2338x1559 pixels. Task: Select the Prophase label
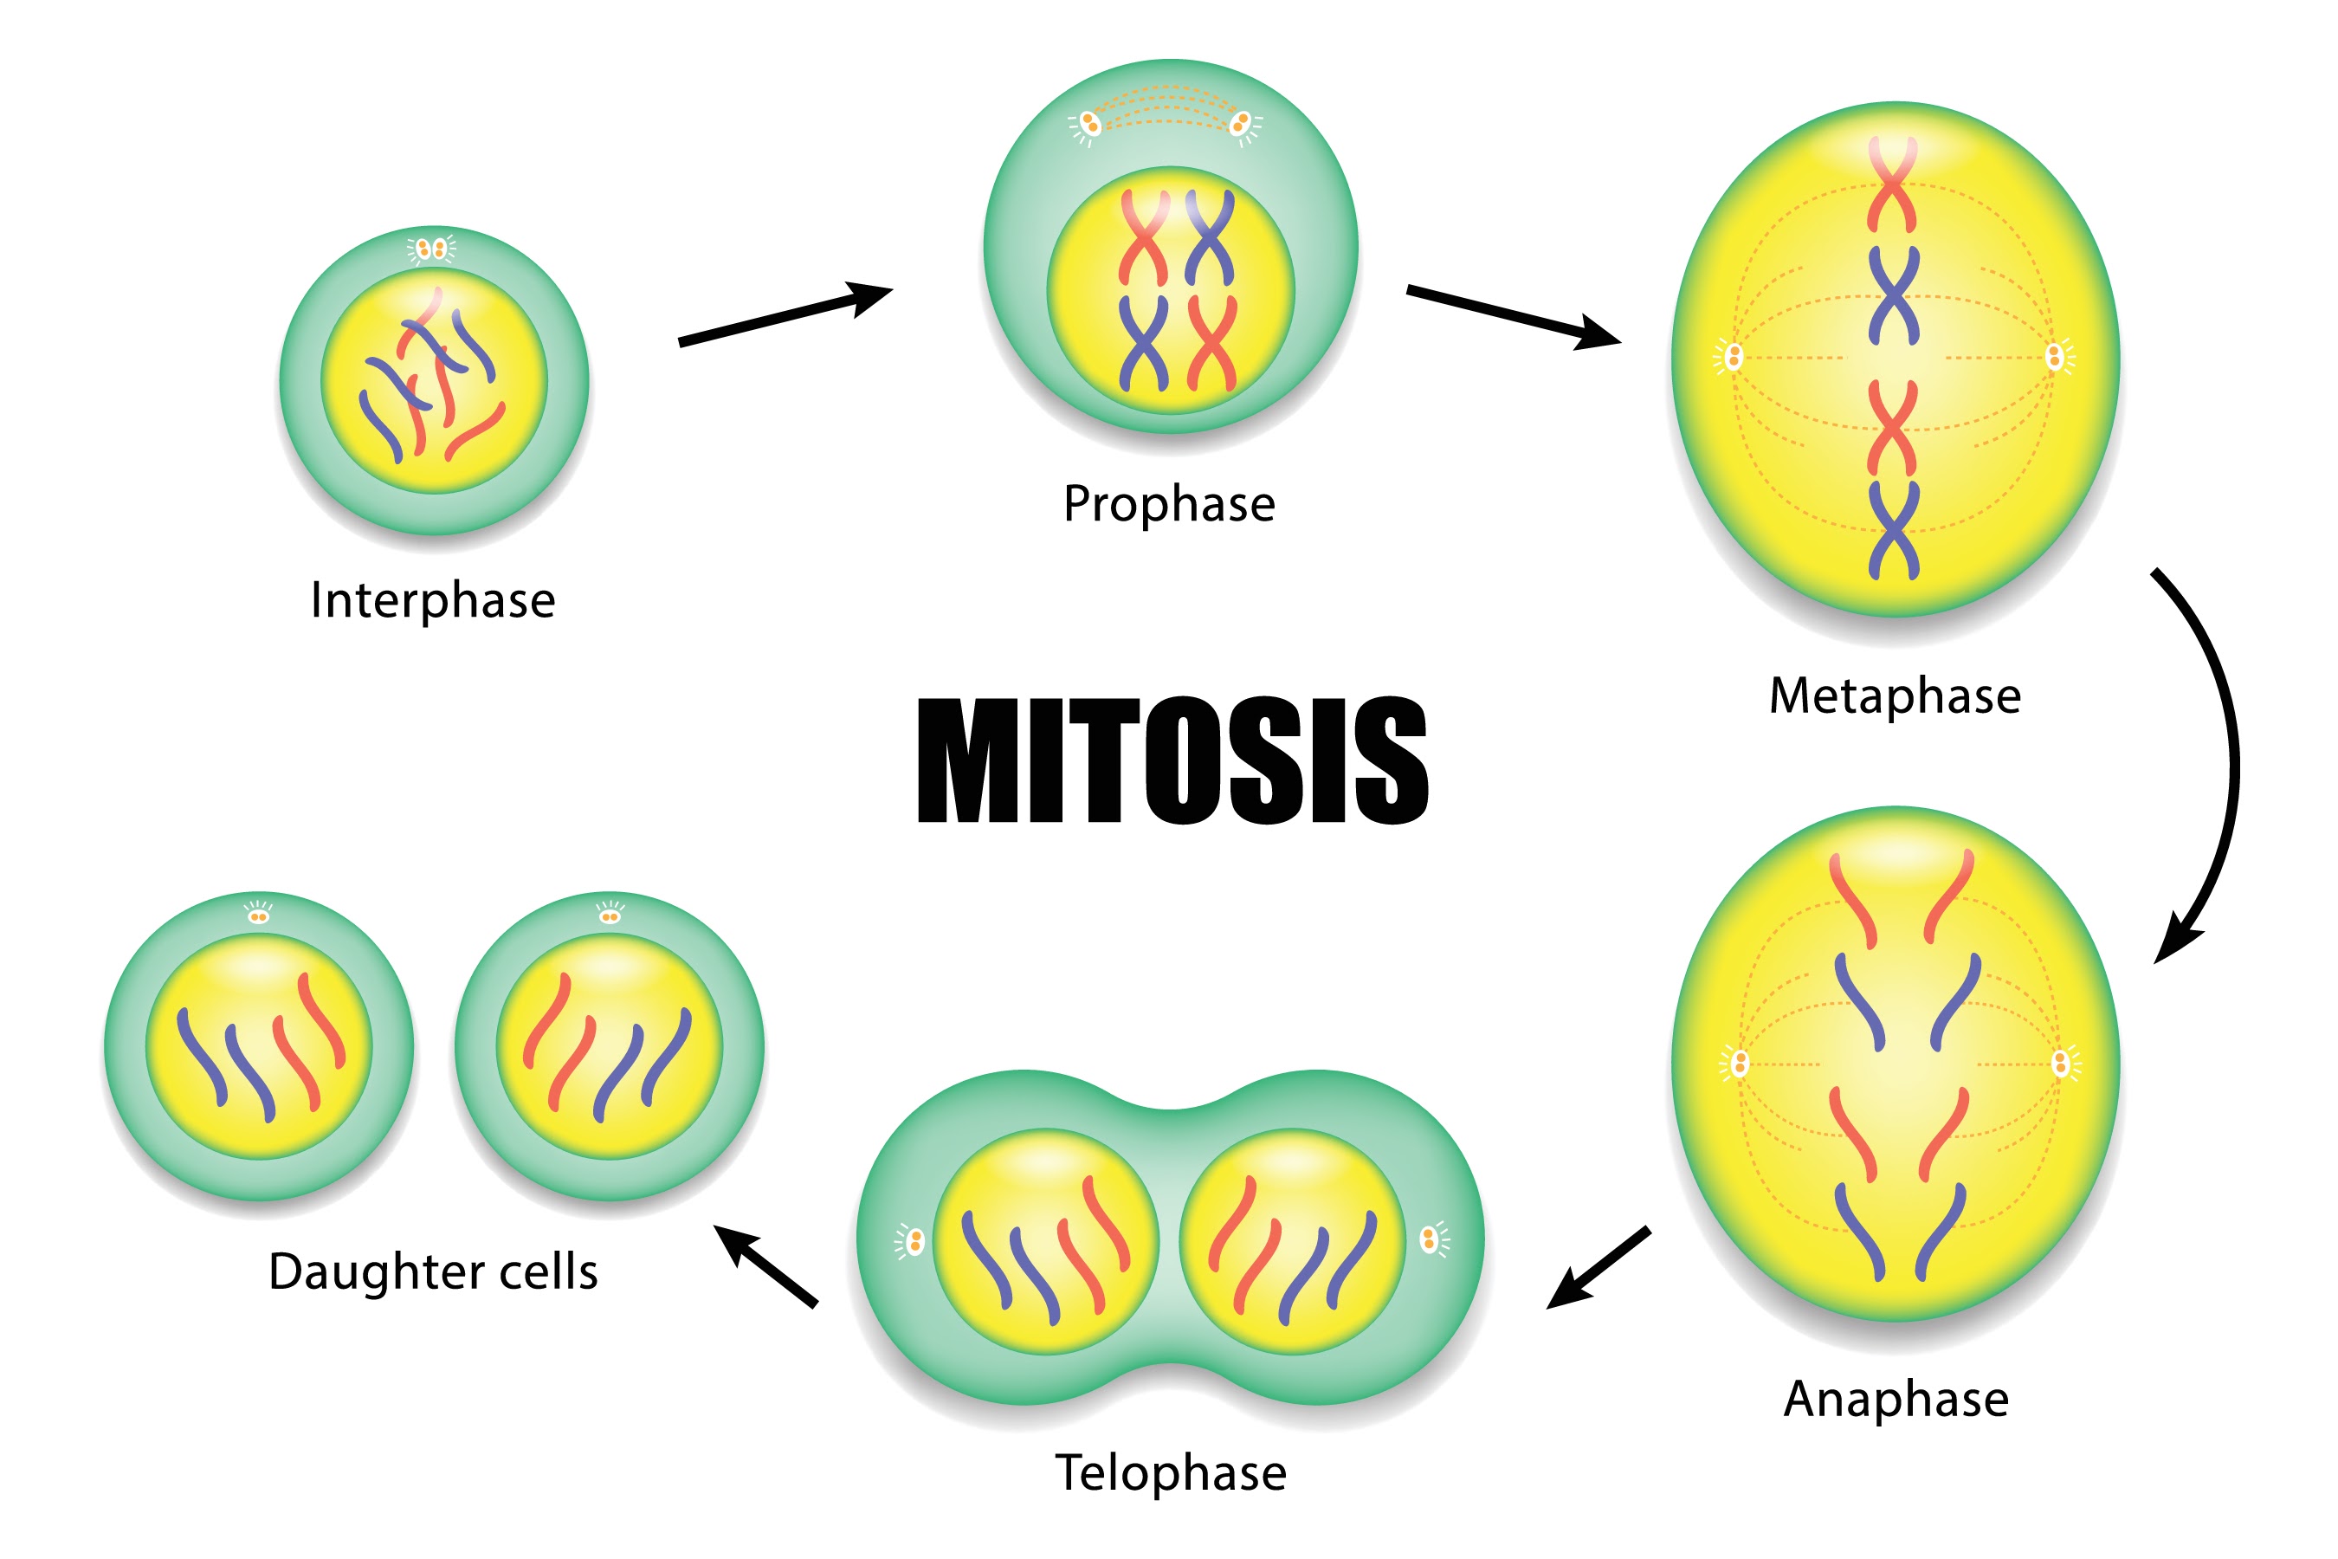point(1169,504)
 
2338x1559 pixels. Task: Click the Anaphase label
point(1896,1400)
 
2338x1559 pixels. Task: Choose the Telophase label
point(1170,1472)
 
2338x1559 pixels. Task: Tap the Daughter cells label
point(434,1271)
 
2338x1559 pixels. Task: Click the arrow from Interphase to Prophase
point(785,314)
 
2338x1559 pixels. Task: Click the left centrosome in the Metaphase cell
point(1734,357)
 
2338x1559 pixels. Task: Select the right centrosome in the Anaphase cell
point(2061,1064)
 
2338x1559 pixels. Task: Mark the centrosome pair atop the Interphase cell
point(431,249)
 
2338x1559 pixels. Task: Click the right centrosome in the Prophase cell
point(1240,124)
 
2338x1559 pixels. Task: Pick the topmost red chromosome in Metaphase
point(1892,184)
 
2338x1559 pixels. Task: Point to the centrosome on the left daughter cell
point(258,915)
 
